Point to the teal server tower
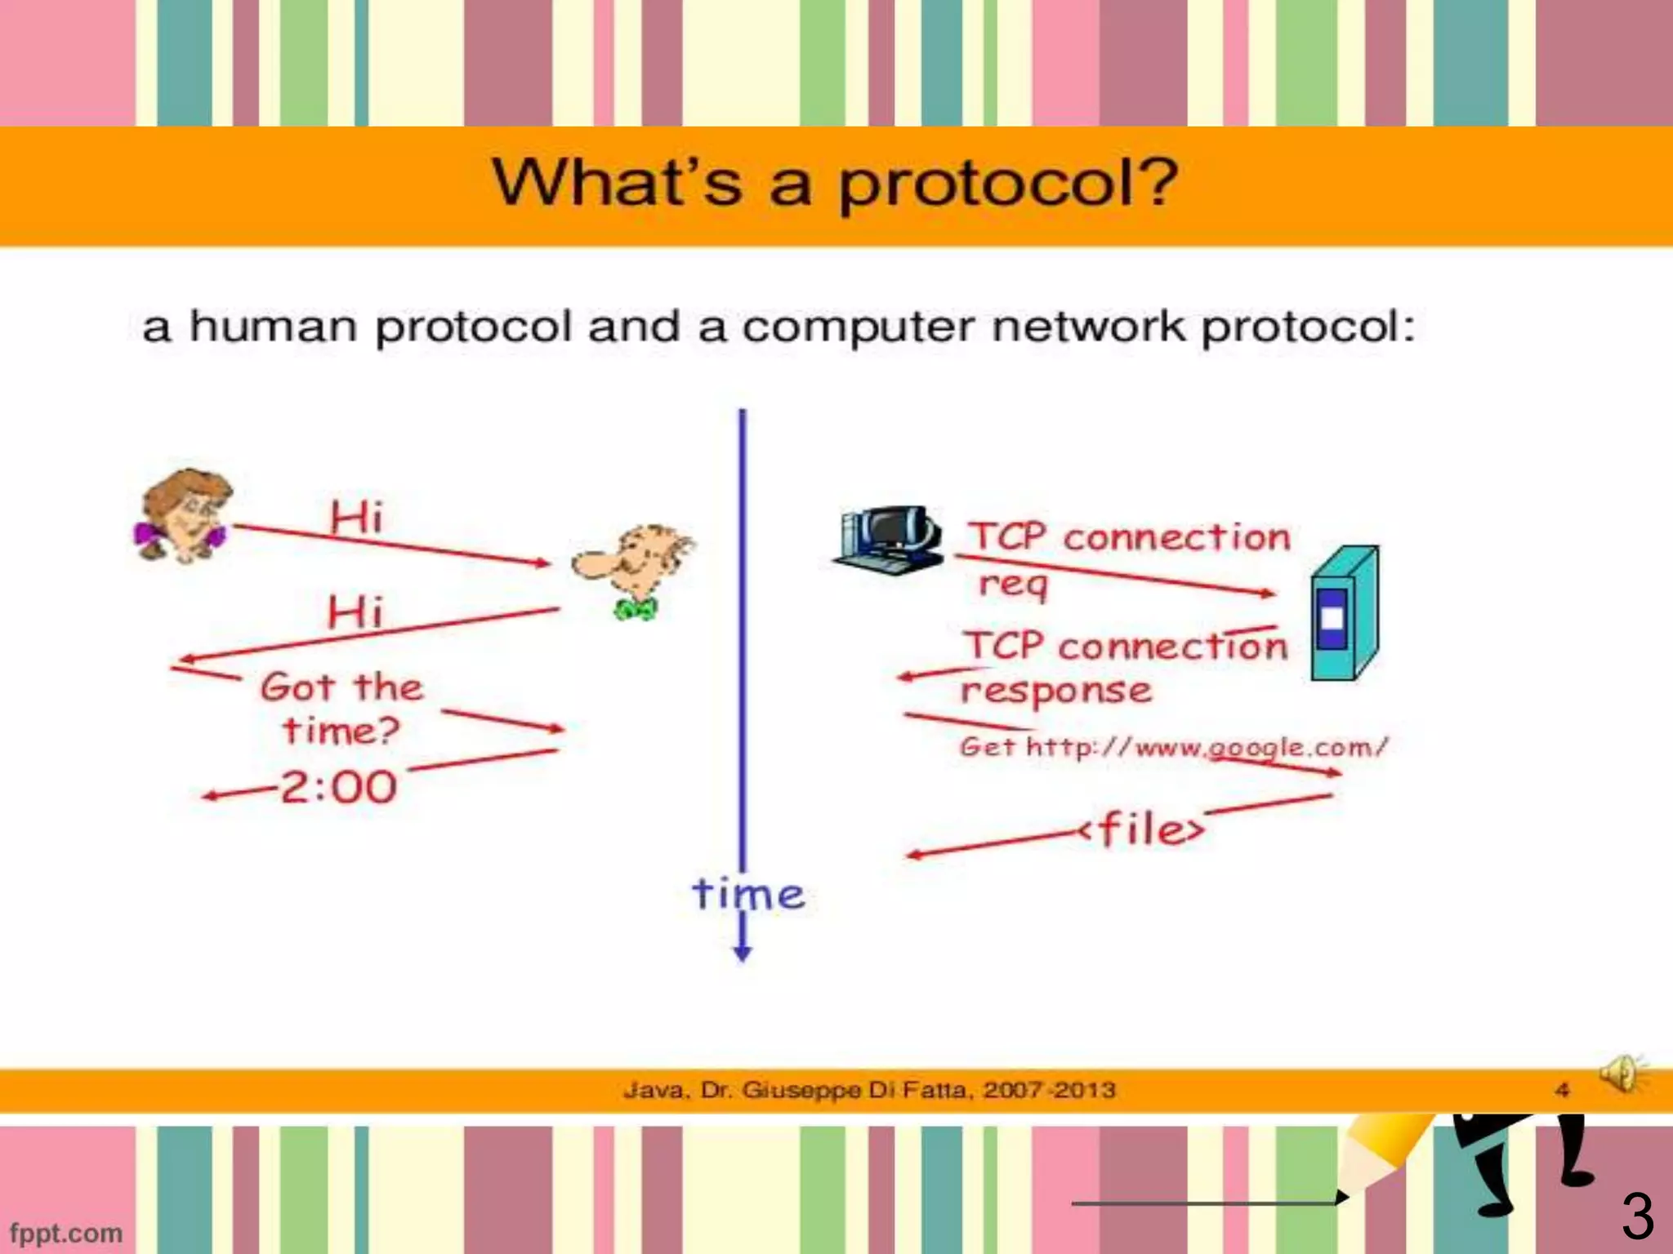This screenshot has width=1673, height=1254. point(1343,613)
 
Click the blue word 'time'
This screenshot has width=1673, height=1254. point(748,895)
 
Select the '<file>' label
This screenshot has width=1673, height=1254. point(1141,829)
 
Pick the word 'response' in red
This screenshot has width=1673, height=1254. point(1056,691)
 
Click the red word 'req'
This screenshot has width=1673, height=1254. point(1013,584)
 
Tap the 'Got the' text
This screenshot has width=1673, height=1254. point(341,687)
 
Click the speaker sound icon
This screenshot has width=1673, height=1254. point(1622,1073)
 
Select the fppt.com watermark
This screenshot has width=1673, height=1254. point(65,1233)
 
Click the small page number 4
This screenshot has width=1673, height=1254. point(1562,1090)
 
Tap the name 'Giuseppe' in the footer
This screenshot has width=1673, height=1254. point(802,1090)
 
